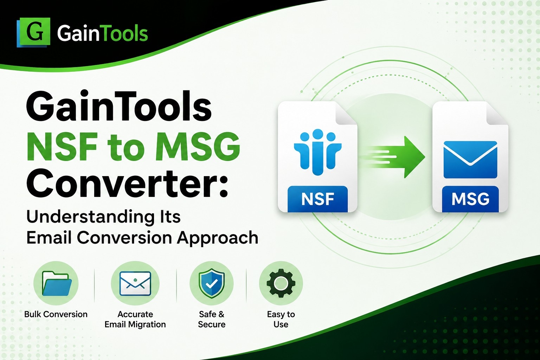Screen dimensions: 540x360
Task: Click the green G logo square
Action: click(33, 32)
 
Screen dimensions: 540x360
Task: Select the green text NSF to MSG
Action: click(133, 146)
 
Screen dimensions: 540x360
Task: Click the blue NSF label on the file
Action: click(317, 199)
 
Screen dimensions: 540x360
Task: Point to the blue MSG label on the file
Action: click(470, 199)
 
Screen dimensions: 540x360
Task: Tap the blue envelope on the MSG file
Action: click(470, 160)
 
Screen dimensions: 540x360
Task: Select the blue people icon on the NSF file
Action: click(317, 152)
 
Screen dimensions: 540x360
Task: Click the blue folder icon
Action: click(57, 283)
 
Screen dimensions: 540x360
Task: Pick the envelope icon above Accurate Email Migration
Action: click(135, 283)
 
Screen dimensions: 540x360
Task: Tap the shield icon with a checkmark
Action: click(211, 283)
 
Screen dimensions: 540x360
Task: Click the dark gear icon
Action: click(281, 283)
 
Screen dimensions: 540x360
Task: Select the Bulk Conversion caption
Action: click(56, 314)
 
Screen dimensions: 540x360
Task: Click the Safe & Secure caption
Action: click(211, 319)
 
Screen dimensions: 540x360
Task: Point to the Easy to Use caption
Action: click(281, 319)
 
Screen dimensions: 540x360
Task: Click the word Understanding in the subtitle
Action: click(90, 217)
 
